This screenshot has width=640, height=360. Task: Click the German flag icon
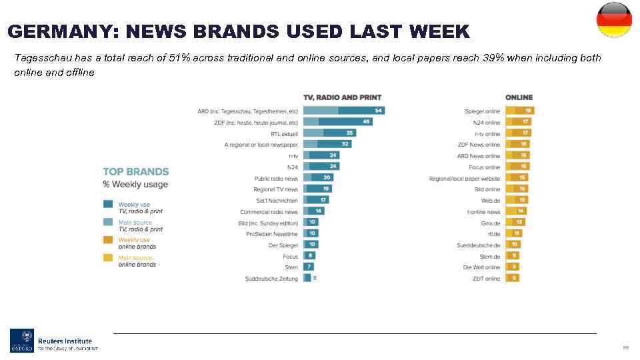[613, 20]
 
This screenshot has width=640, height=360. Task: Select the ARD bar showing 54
[344, 111]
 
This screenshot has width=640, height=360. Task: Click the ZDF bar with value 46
[338, 122]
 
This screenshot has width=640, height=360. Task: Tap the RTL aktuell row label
[284, 133]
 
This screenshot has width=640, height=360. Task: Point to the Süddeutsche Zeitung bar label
[271, 279]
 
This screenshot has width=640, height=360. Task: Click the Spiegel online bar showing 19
[520, 111]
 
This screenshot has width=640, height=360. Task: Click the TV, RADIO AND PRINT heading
[342, 97]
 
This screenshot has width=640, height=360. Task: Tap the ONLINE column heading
[519, 97]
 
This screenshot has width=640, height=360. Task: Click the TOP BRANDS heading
[136, 172]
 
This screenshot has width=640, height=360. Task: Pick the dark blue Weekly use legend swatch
[107, 205]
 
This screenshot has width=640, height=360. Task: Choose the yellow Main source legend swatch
[107, 258]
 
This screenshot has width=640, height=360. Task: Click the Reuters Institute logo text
[65, 341]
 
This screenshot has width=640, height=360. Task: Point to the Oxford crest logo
[21, 340]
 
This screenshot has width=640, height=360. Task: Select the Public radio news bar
[318, 178]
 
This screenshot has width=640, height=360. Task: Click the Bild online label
[487, 189]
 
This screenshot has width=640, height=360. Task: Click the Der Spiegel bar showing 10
[311, 245]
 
